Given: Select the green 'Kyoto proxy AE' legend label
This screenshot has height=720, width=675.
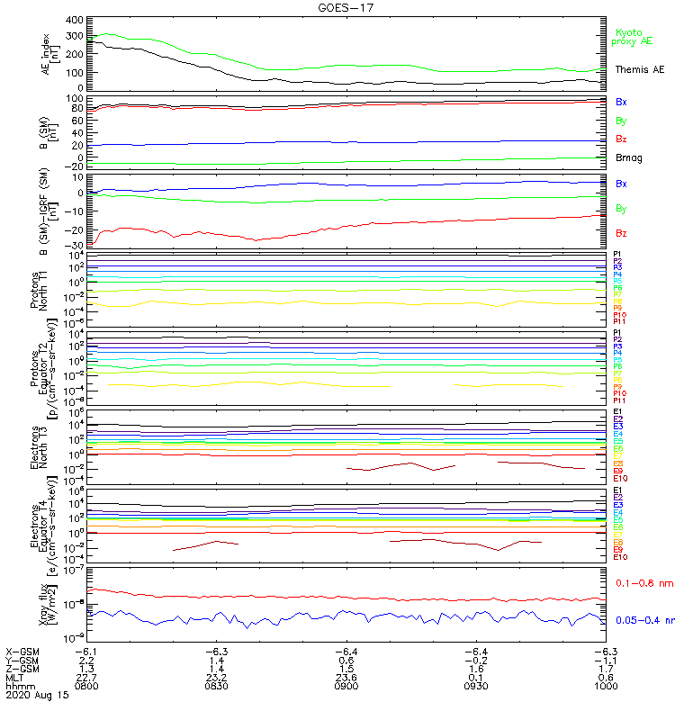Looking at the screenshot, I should tap(632, 36).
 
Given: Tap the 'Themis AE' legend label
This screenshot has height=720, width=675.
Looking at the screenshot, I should tap(639, 69).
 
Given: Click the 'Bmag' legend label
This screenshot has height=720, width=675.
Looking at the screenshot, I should tap(626, 157).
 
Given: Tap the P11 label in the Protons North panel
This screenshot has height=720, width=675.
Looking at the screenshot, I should tap(618, 321).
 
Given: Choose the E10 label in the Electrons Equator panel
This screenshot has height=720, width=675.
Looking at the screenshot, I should tap(619, 557).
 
